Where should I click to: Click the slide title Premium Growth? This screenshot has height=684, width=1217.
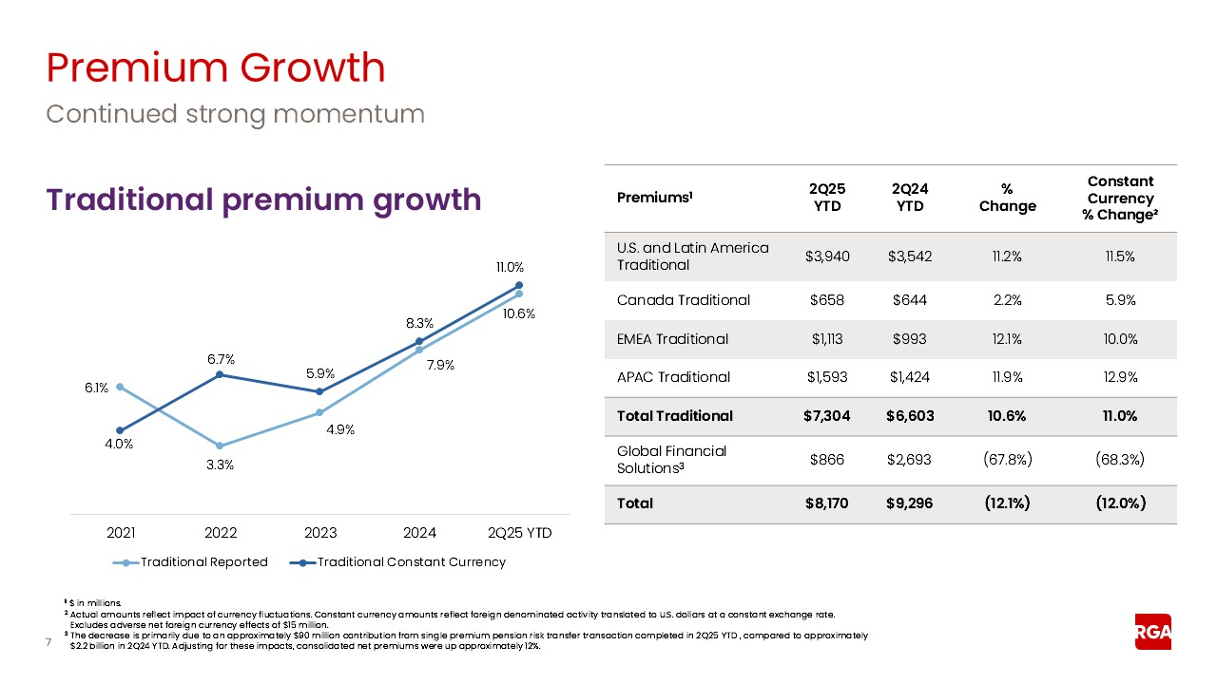[x=216, y=68]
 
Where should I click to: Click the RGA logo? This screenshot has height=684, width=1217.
[x=1152, y=632]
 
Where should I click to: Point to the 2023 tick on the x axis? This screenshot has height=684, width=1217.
[x=319, y=533]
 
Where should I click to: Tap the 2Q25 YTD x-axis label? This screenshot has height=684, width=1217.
[x=518, y=533]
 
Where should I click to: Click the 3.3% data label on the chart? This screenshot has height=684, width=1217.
[x=220, y=465]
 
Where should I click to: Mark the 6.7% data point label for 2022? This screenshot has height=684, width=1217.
[x=220, y=359]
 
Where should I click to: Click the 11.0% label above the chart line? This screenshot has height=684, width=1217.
[x=519, y=268]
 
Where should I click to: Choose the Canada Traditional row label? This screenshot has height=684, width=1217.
[x=683, y=300]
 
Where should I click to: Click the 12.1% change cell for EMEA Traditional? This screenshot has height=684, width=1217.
[x=1007, y=339]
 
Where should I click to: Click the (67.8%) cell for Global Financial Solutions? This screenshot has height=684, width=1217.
[x=1007, y=460]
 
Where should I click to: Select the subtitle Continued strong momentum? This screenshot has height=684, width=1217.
[x=235, y=114]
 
